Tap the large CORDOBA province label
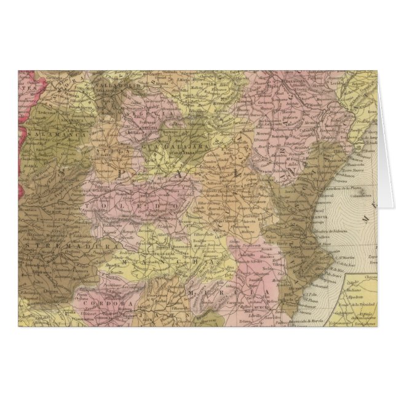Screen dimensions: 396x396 (101, 303)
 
